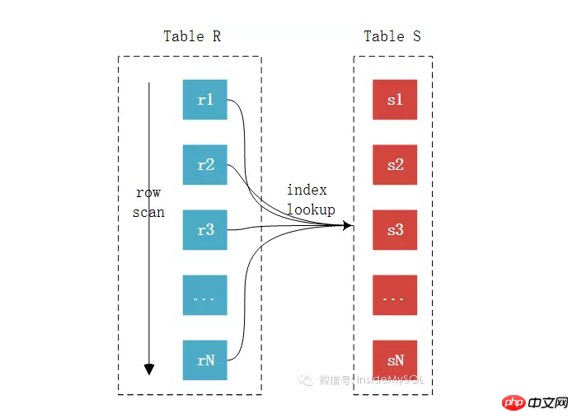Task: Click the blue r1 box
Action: pyautogui.click(x=205, y=100)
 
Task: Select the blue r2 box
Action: pyautogui.click(x=205, y=165)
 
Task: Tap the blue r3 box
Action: pyautogui.click(x=205, y=230)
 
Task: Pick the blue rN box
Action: pyautogui.click(x=205, y=360)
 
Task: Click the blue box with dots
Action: pyautogui.click(x=205, y=295)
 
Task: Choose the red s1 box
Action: pyautogui.click(x=395, y=100)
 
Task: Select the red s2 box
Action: pyautogui.click(x=395, y=165)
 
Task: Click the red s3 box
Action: pyautogui.click(x=395, y=230)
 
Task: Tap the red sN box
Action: pyautogui.click(x=395, y=360)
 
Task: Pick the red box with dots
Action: pyautogui.click(x=395, y=295)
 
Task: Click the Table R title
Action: pyautogui.click(x=192, y=36)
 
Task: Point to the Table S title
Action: pyautogui.click(x=392, y=36)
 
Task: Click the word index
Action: pyautogui.click(x=307, y=190)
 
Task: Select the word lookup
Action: pyautogui.click(x=311, y=209)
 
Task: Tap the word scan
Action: pyautogui.click(x=148, y=213)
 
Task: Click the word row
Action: pyautogui.click(x=148, y=192)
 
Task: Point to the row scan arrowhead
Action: pyautogui.click(x=149, y=369)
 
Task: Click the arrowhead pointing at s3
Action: pyautogui.click(x=347, y=225)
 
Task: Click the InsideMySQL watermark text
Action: pyautogui.click(x=391, y=379)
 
